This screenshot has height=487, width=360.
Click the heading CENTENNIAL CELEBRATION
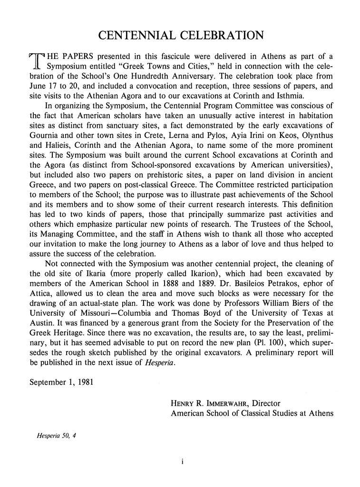click(180, 36)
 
